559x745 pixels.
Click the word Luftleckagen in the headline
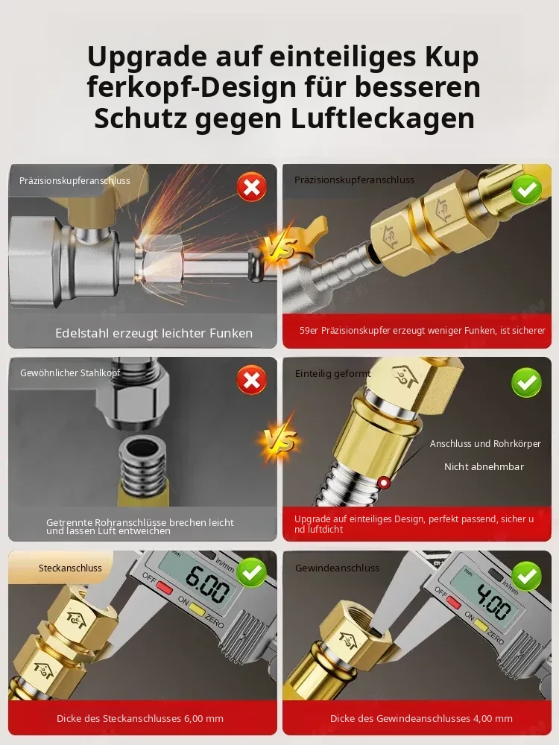[382, 118]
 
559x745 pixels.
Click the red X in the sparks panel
[251, 187]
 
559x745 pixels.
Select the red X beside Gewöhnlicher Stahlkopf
[251, 380]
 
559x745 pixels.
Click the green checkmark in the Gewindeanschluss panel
[526, 576]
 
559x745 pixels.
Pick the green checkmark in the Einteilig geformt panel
[526, 382]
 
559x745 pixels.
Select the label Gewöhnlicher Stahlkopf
[70, 373]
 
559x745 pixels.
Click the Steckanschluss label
[70, 568]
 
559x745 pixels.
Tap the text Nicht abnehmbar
[484, 467]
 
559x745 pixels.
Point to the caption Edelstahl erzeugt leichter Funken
[154, 333]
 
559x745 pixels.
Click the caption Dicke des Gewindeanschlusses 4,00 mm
[421, 718]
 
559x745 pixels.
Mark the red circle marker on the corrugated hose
[383, 483]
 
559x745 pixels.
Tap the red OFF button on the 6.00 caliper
[165, 587]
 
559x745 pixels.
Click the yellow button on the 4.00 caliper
[481, 627]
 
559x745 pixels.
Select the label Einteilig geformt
[332, 374]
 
